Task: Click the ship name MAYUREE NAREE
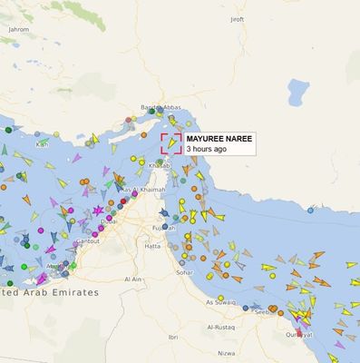(x=219, y=139)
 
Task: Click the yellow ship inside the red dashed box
(x=170, y=143)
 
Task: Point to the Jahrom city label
(x=18, y=29)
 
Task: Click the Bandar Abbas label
(x=161, y=108)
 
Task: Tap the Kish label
(x=42, y=144)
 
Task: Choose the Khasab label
(x=159, y=166)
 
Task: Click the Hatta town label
(x=152, y=246)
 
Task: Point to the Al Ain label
(x=134, y=280)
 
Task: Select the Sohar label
(x=185, y=271)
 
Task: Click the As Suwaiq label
(x=220, y=301)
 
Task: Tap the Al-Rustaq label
(x=221, y=326)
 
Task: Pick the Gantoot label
(x=87, y=241)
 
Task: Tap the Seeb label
(x=261, y=311)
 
